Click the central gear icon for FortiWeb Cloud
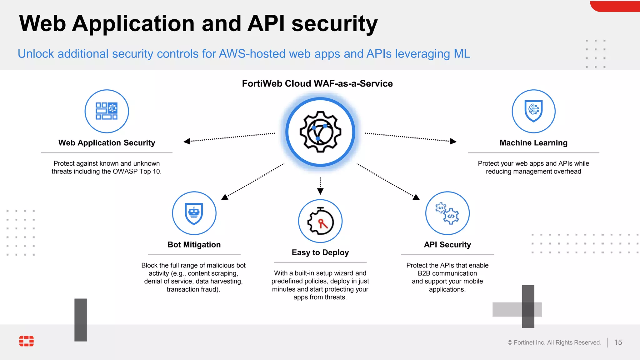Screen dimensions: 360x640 point(320,132)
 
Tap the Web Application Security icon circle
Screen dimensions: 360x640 point(107,111)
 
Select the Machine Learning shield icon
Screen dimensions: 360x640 point(533,111)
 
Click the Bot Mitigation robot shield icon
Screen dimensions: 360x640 point(194,213)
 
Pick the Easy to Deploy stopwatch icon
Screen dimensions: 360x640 point(320,221)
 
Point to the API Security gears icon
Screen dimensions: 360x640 point(447,213)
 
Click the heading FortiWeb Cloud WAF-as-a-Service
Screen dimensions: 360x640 point(317,83)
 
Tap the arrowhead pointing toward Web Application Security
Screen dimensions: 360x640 point(187,141)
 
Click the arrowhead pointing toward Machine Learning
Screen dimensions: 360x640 point(453,141)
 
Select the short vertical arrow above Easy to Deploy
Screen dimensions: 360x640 point(320,186)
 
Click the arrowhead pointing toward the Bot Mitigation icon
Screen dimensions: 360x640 point(225,197)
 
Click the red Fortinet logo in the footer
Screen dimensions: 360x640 point(27,341)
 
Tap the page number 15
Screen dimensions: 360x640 point(618,342)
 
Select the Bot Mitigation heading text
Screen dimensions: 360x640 point(194,245)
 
